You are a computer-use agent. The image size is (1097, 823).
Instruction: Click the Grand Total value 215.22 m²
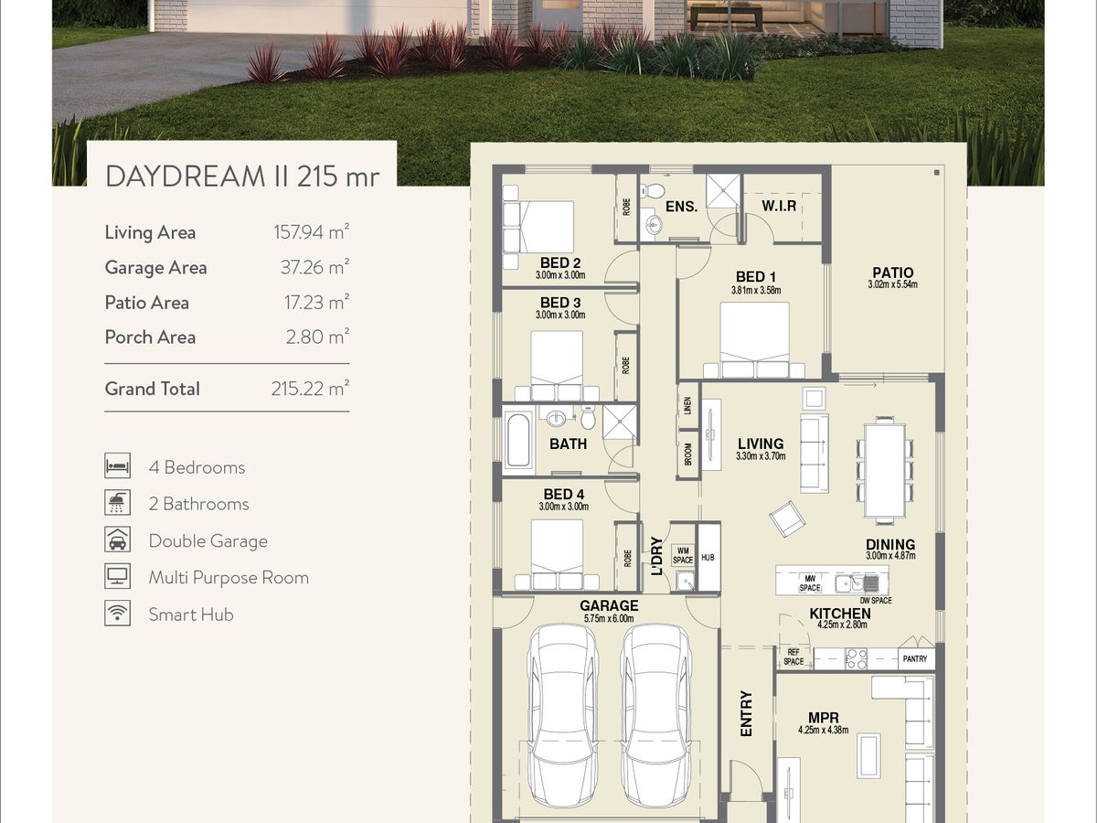[x=310, y=389]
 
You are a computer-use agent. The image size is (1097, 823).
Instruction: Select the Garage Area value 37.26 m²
[x=314, y=267]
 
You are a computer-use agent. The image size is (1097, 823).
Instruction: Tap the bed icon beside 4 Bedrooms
[x=117, y=465]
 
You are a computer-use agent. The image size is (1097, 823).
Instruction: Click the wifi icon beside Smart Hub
[x=117, y=613]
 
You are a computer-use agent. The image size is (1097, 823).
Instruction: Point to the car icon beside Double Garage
[x=117, y=540]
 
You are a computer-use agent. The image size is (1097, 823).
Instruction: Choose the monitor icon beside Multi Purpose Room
[x=117, y=576]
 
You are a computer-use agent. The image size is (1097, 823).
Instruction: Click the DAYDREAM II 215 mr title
[x=242, y=176]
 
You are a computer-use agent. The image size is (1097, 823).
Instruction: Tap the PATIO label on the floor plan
[x=892, y=273]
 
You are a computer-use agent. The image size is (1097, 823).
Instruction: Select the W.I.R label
[x=779, y=206]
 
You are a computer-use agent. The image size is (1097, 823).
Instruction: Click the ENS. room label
[x=682, y=207]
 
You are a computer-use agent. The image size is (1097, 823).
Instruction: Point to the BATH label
[x=569, y=444]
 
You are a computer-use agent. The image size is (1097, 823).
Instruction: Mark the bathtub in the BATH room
[x=517, y=440]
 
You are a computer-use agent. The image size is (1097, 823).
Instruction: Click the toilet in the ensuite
[x=651, y=190]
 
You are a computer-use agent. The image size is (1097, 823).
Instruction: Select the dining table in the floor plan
[x=885, y=470]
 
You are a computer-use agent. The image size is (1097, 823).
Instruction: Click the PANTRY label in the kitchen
[x=914, y=658]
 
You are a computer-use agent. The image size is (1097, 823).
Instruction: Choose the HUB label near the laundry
[x=708, y=557]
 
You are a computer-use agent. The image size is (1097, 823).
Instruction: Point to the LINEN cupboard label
[x=687, y=405]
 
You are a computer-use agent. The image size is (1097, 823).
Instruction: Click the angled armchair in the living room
[x=787, y=518]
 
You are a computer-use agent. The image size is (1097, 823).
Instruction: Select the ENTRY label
[x=746, y=713]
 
